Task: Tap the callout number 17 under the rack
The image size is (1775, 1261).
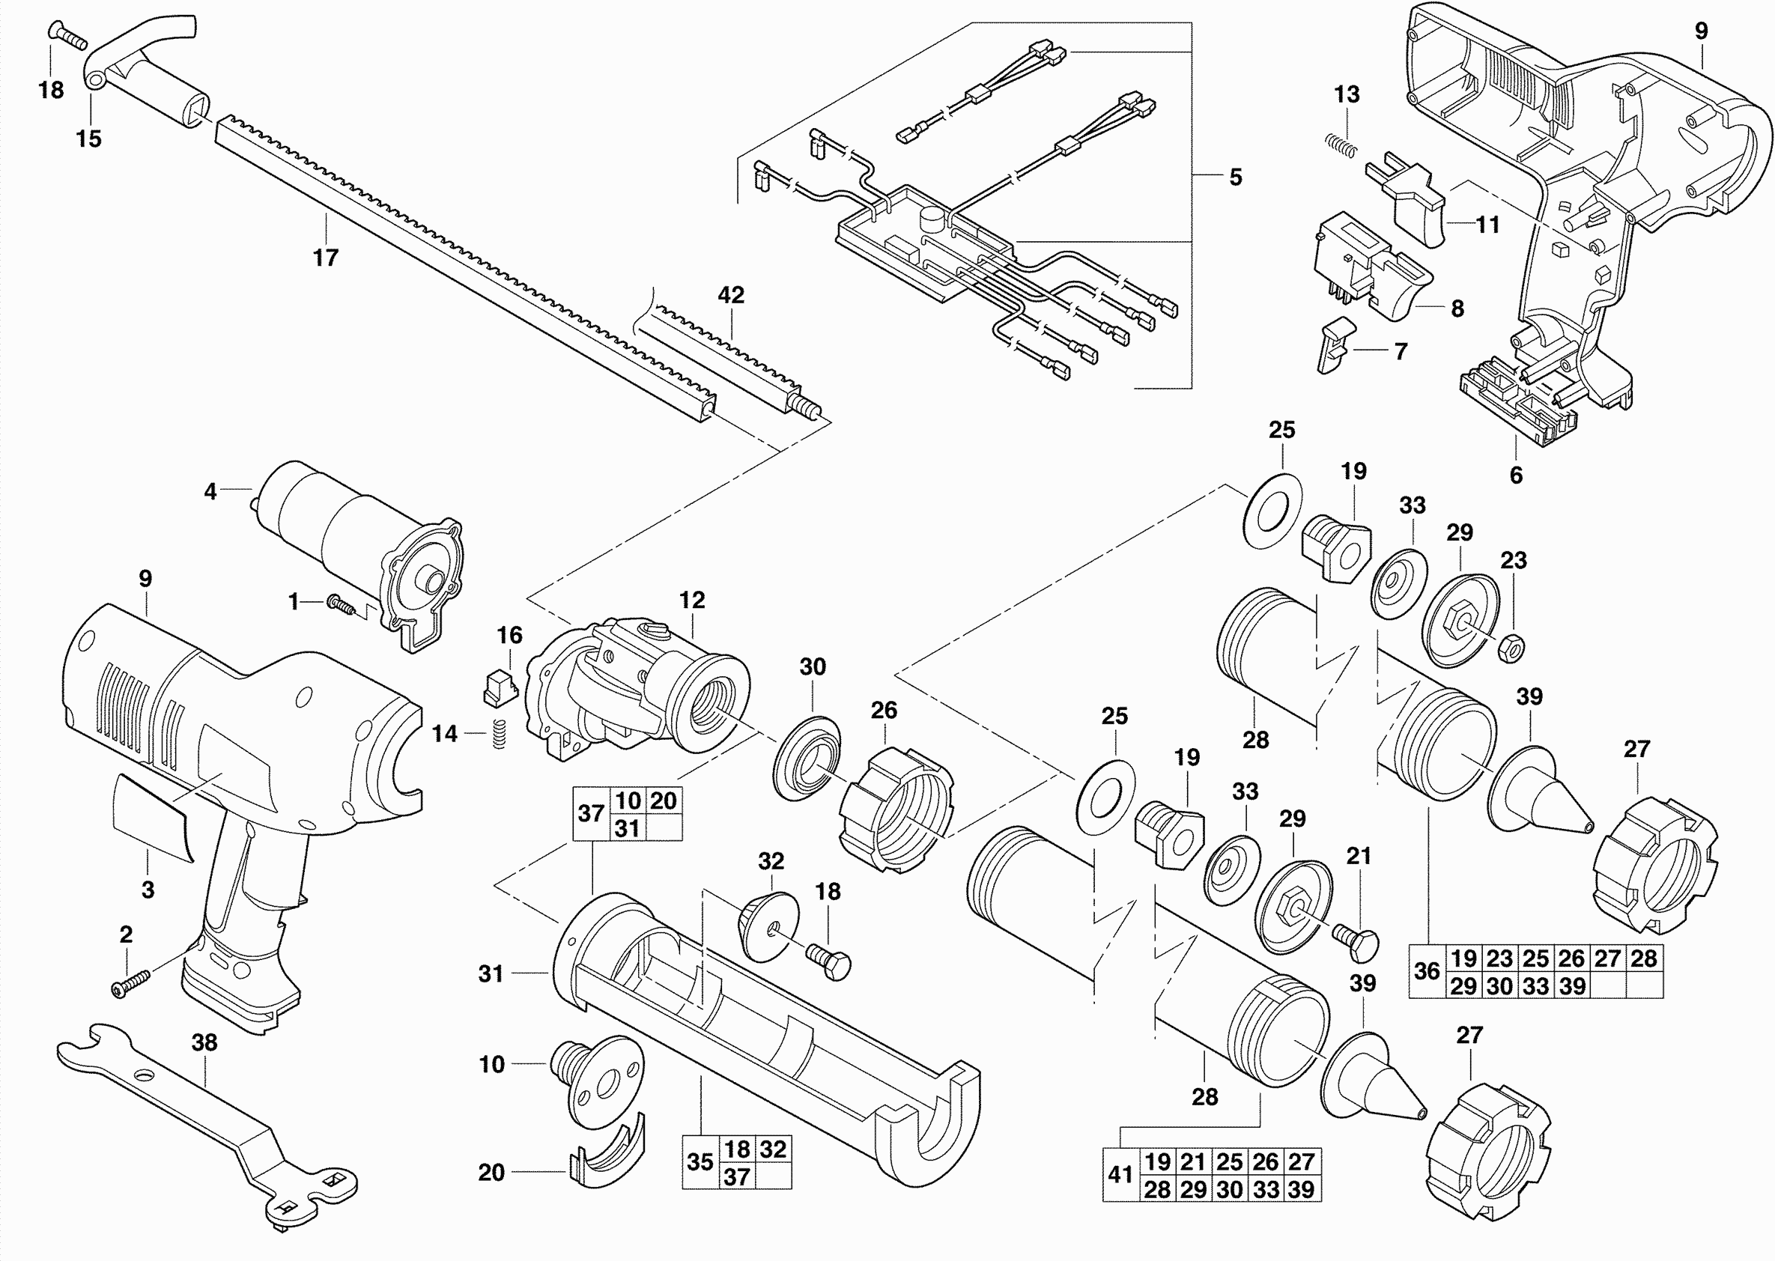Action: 326,257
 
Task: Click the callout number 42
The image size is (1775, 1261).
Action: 732,295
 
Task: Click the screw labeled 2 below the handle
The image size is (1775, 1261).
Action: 130,982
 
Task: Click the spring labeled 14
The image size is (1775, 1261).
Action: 500,734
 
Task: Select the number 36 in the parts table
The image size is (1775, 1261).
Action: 1427,970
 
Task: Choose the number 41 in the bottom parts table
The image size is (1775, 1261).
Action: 1120,1175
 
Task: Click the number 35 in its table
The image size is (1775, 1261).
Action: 700,1161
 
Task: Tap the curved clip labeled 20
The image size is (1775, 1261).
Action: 608,1149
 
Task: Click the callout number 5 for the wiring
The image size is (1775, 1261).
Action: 1235,177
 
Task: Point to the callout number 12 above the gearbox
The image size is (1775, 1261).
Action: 692,601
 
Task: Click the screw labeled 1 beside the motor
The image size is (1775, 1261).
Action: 341,605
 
